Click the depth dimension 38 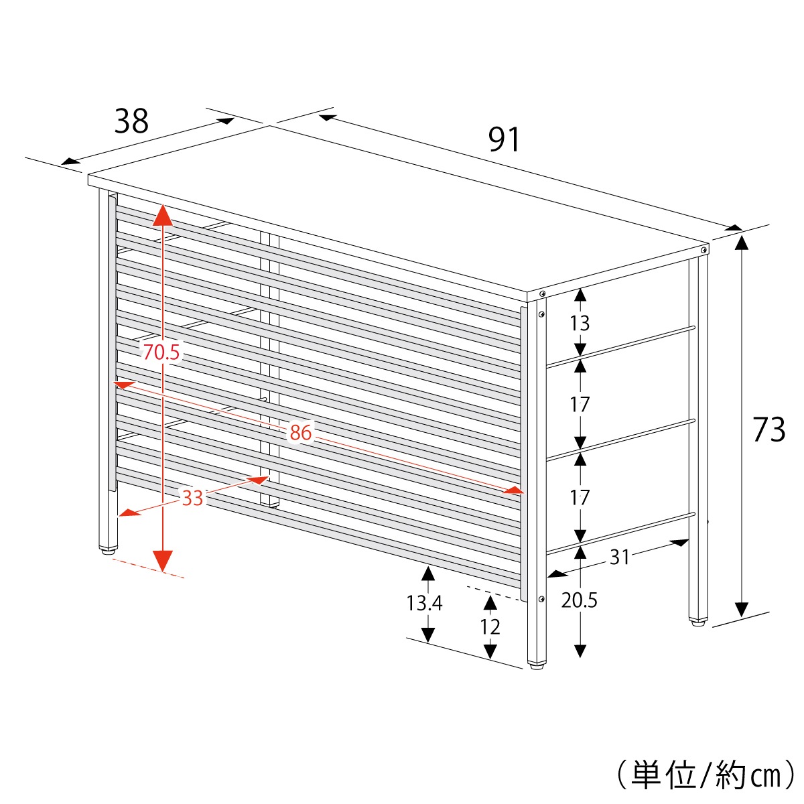pos(131,122)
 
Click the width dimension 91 pos(504,140)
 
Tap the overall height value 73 pos(768,429)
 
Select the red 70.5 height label pos(161,352)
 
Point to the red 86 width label pos(301,433)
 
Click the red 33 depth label pos(192,498)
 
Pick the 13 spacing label pos(580,323)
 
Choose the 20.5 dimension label pos(579,600)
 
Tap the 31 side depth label pos(620,556)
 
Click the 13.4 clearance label pos(424,603)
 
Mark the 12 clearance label pos(490,626)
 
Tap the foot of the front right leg pos(536,665)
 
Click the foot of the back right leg pos(698,622)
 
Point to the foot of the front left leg pos(107,551)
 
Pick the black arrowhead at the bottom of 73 pos(741,609)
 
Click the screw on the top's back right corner pos(703,250)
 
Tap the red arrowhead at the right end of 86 pos(514,490)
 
